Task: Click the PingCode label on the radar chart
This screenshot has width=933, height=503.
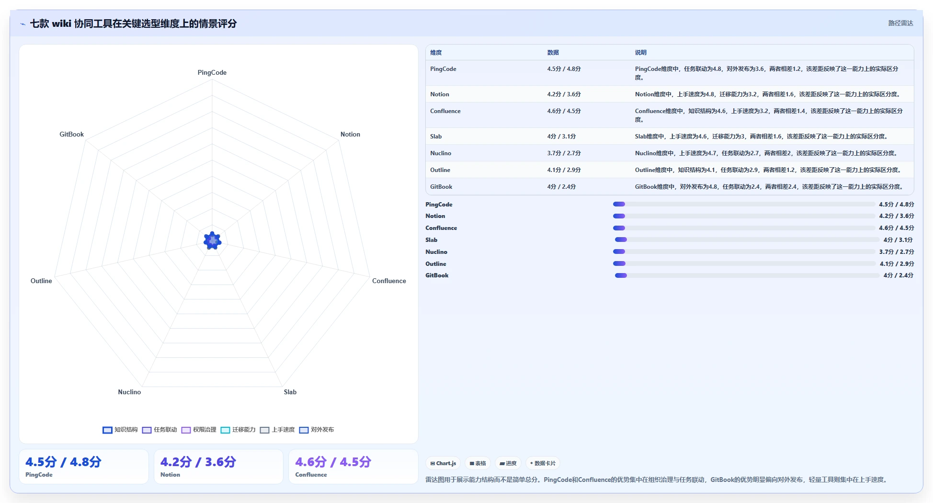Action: tap(212, 72)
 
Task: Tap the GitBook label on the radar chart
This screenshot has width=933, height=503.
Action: tap(71, 134)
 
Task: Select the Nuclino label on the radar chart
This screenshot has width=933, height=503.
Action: tap(129, 392)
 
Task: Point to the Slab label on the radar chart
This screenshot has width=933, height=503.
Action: tap(290, 392)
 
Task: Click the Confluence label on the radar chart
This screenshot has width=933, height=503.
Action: tap(389, 281)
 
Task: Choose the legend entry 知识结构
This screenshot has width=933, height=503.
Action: tap(120, 430)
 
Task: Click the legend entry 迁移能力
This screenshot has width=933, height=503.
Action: tap(238, 430)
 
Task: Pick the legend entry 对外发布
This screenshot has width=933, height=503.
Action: tap(317, 430)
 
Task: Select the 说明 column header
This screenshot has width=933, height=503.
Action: tap(641, 53)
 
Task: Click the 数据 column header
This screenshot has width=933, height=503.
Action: tap(553, 53)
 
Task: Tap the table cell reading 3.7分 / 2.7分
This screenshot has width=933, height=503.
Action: tap(564, 153)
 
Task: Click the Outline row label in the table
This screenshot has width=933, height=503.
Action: tap(440, 170)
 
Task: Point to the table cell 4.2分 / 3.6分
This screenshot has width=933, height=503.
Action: tap(564, 94)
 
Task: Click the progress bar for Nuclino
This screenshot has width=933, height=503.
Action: tap(744, 251)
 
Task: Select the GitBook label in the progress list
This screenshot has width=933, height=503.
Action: tap(437, 275)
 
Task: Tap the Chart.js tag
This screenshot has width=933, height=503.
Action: tap(443, 463)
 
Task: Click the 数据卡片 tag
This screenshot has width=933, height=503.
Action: tap(543, 463)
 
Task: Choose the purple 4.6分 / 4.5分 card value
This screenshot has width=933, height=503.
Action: tap(333, 462)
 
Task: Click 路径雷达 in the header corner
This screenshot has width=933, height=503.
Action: tap(900, 23)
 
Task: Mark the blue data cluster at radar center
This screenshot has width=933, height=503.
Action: tap(212, 240)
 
